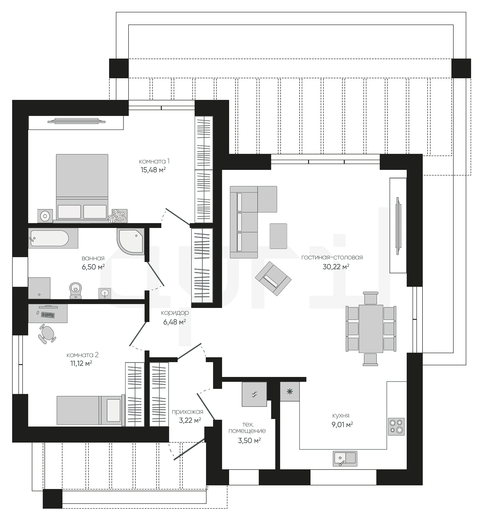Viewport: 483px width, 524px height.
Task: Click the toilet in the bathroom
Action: (76, 290)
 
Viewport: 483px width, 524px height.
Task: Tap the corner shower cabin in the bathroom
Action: (131, 241)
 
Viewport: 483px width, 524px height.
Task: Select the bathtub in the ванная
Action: (53, 238)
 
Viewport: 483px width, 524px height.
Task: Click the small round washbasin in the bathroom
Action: (104, 293)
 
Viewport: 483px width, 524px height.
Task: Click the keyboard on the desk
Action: (48, 315)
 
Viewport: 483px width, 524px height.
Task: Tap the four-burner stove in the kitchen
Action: (396, 427)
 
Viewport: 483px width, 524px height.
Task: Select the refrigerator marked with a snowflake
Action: (290, 392)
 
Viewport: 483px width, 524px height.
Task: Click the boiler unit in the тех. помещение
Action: (254, 394)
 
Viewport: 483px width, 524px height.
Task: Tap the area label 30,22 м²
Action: (336, 267)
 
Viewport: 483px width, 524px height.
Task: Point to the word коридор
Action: (175, 313)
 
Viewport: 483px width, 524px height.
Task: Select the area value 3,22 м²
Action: (190, 420)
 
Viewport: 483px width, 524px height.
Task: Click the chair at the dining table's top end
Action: (371, 298)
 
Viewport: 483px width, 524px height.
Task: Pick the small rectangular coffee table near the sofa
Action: (278, 236)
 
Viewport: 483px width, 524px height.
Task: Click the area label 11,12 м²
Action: (81, 363)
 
